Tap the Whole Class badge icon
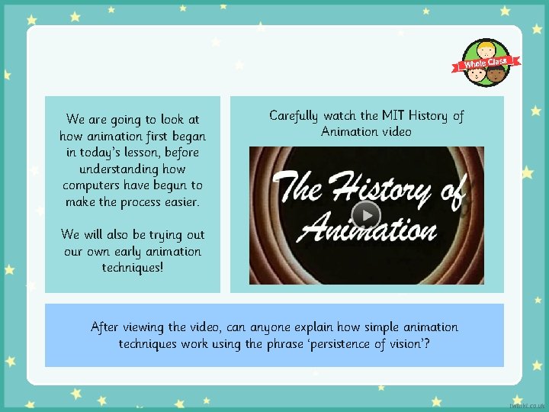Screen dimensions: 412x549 487,63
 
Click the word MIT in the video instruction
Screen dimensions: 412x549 389,116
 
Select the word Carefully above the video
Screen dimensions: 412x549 294,116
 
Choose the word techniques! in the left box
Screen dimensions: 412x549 133,268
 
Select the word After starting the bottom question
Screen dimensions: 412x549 107,327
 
